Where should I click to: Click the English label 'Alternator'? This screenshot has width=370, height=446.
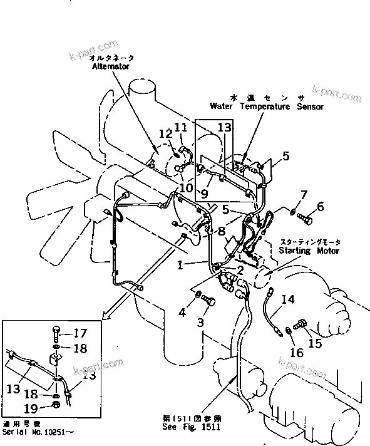point(111,65)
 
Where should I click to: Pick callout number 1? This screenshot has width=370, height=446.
point(180,265)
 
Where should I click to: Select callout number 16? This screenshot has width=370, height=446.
point(297,352)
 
